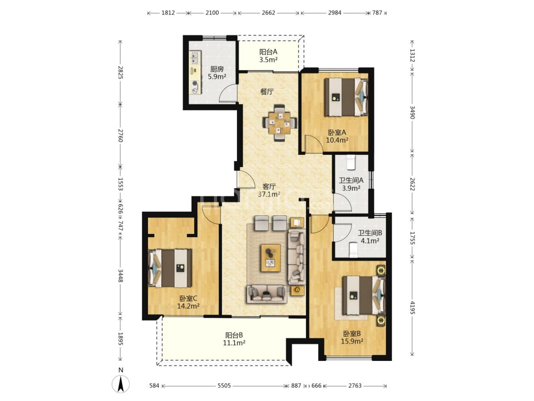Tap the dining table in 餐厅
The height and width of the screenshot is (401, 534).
(x=279, y=123)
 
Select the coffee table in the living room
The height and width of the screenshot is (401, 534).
(x=271, y=258)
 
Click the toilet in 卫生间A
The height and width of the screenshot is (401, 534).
(x=351, y=163)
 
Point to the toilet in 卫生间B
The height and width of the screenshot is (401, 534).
(x=353, y=250)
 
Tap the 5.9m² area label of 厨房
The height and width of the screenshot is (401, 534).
(x=217, y=77)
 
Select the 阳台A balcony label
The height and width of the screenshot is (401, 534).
(x=268, y=52)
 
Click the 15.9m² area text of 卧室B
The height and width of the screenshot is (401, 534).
(x=352, y=341)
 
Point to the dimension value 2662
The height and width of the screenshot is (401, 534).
(x=268, y=13)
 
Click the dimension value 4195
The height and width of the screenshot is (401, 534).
(x=412, y=307)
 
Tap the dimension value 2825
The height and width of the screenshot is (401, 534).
(x=121, y=72)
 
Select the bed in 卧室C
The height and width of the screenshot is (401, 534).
(x=170, y=268)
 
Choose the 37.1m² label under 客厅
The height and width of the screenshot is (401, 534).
(x=269, y=194)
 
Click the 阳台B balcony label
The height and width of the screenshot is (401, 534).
(x=234, y=335)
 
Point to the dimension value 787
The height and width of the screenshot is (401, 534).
(x=377, y=13)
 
